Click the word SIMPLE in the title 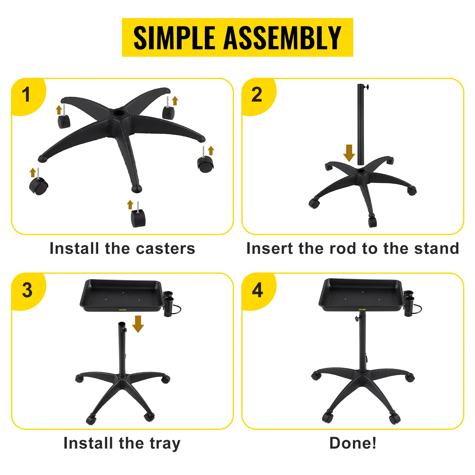tap(174, 38)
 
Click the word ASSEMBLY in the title tap(282, 38)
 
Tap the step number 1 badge tap(26, 95)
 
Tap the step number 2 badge tap(257, 95)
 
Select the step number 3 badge tap(27, 290)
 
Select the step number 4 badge tap(257, 290)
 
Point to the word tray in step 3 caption tap(165, 444)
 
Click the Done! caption tap(353, 443)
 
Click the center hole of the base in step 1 tap(118, 113)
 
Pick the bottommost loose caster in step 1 tap(138, 218)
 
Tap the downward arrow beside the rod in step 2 tap(349, 153)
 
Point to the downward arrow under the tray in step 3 tap(138, 324)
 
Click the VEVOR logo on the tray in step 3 tap(122, 310)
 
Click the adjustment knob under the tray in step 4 tap(356, 319)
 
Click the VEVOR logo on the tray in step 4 tap(362, 310)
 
